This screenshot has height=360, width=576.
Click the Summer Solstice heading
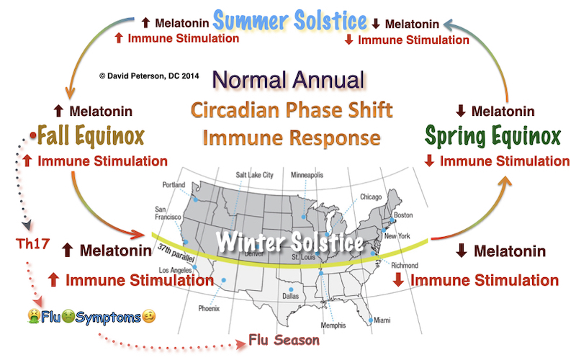pos(290,20)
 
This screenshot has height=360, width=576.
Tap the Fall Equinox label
pos(91,135)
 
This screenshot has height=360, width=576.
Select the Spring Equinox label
pos(492,135)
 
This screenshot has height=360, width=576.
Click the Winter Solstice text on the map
pos(290,243)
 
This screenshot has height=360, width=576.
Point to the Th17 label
pos(32,243)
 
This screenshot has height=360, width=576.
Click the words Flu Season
pos(284,340)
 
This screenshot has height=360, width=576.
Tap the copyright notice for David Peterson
pos(149,76)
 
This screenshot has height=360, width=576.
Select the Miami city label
pos(382,320)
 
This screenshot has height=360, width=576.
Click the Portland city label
pos(174,185)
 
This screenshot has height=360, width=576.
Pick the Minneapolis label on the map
pos(307,175)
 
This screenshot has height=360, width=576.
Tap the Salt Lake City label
pos(255,175)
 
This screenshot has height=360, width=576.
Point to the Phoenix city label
pos(209,309)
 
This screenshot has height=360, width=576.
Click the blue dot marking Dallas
pos(291,289)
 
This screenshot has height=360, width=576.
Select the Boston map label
pos(403,215)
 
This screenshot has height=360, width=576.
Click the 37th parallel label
pos(176,253)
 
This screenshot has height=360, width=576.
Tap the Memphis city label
pos(333,325)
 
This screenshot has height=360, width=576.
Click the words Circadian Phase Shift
pos(292,109)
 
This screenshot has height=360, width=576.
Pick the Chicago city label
pos(371,197)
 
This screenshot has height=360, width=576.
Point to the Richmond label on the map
pos(405,265)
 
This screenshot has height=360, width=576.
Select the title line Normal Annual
pos(289,80)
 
